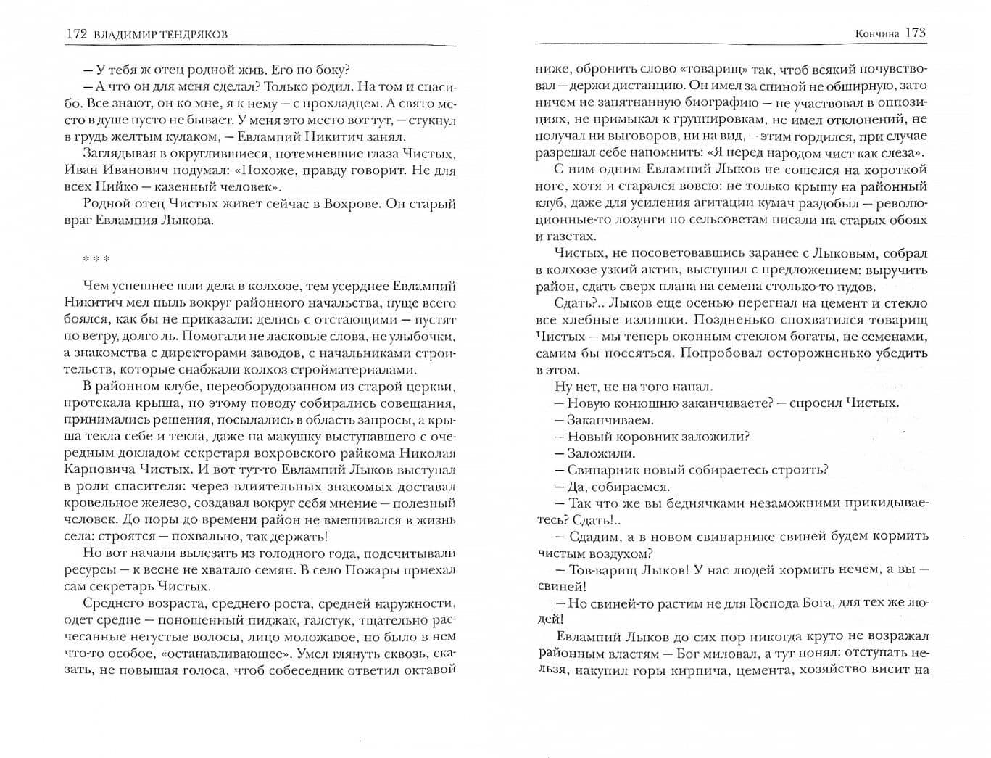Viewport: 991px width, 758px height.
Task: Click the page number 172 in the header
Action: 75,34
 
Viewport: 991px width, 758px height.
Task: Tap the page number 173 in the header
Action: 916,33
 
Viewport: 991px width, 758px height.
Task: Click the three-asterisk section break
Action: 96,258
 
